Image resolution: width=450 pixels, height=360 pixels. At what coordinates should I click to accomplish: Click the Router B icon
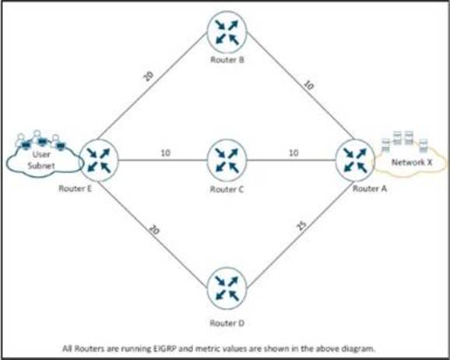tap(227, 32)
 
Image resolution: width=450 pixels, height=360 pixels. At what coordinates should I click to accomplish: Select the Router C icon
tap(227, 161)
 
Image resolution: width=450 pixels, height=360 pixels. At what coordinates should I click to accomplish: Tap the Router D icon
tap(227, 288)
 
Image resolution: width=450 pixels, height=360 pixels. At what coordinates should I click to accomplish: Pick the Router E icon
tap(98, 161)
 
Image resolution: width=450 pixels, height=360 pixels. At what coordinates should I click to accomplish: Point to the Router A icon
tap(355, 161)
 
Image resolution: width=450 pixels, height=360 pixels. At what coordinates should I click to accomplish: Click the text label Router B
tap(227, 60)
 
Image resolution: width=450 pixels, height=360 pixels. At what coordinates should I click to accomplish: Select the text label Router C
tap(227, 189)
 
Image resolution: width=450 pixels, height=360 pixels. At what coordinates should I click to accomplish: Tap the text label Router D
tap(227, 323)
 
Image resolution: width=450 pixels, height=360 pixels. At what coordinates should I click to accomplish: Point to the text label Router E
tap(76, 189)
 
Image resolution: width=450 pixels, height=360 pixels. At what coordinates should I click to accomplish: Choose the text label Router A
tap(370, 189)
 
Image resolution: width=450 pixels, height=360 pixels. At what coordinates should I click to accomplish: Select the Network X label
tap(412, 162)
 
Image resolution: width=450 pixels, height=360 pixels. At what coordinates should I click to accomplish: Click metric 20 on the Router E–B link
tap(149, 76)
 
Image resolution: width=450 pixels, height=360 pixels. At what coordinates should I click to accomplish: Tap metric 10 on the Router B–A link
tap(308, 86)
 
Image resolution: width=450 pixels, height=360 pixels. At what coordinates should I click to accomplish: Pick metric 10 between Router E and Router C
tap(166, 153)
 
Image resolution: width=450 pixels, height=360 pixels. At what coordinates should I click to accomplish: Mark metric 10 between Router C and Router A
tap(294, 153)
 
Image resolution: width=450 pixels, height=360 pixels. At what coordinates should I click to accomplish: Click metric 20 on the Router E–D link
tap(154, 230)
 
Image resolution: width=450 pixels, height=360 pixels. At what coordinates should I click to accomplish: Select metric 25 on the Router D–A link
tap(301, 226)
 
